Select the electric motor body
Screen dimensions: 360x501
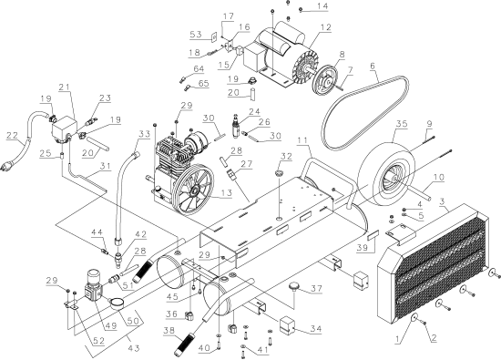pos(279,46)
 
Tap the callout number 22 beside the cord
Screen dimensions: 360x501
pos(12,137)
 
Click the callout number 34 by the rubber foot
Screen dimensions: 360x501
pos(316,329)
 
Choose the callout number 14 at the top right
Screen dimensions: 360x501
pos(322,7)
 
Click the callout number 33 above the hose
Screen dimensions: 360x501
pos(142,134)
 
